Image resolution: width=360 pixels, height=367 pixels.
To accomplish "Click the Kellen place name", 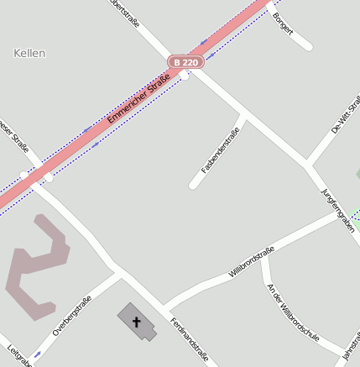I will [x=30, y=53].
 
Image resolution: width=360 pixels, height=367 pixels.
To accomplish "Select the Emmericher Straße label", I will [x=139, y=100].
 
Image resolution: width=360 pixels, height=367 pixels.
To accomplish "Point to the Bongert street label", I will [x=284, y=24].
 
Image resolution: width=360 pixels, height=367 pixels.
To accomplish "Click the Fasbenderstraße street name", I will [x=221, y=149].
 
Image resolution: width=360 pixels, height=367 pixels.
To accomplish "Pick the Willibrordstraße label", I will [x=252, y=261].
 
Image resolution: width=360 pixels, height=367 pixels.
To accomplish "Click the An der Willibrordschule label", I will [x=292, y=311].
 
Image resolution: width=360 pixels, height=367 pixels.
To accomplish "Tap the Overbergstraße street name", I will [x=72, y=317].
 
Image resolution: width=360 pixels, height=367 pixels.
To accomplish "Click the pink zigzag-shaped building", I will [x=38, y=266].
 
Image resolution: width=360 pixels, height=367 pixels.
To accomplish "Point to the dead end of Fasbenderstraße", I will [x=194, y=184].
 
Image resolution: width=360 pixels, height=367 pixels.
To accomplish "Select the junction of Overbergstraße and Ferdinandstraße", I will [x=119, y=272].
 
